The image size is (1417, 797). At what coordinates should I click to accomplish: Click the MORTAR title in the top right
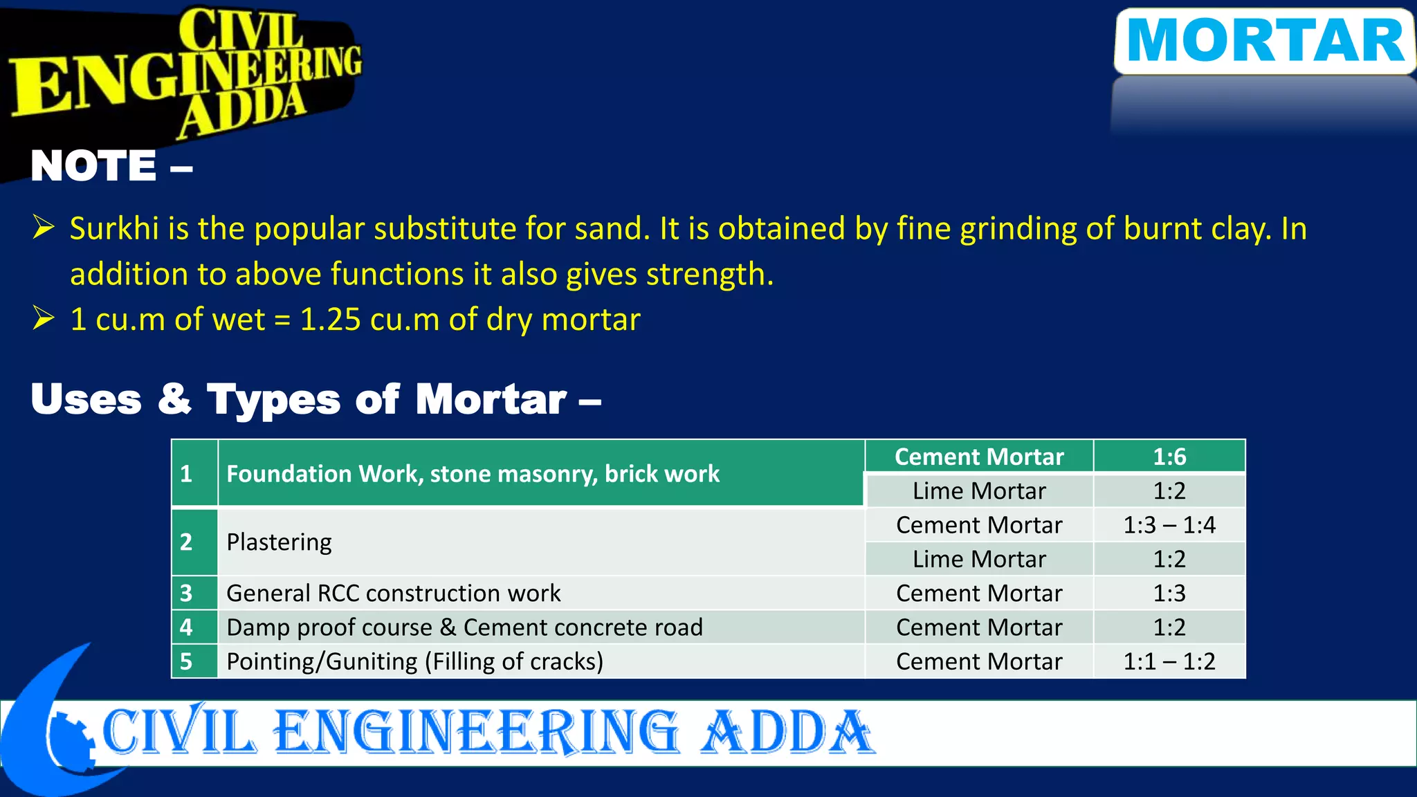[1265, 42]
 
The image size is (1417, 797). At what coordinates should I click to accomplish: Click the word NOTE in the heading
[94, 167]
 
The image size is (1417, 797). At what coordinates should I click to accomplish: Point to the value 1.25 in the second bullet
[330, 320]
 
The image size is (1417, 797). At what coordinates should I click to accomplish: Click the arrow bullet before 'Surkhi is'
[44, 227]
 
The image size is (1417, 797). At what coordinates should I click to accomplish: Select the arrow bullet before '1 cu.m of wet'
[44, 318]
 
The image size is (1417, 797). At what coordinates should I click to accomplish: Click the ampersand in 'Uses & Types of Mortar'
[174, 399]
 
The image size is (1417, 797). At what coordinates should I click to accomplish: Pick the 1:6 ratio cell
[1169, 457]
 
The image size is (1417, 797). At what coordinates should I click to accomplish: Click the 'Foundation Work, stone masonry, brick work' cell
[473, 474]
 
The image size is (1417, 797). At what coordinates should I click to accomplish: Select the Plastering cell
[279, 542]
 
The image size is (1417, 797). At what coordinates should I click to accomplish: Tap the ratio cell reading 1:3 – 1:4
[1169, 525]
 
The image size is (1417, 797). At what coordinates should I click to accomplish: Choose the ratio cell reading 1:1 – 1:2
[1169, 661]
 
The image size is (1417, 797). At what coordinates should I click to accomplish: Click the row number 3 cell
[186, 593]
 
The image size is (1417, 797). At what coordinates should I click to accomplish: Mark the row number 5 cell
[186, 661]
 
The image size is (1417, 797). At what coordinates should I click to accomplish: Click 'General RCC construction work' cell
[393, 593]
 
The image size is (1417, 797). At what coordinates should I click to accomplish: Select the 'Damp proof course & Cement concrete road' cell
[464, 627]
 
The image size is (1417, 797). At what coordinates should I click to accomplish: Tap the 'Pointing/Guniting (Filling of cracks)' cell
[414, 661]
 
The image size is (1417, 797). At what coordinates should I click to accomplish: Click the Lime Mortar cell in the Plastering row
[978, 559]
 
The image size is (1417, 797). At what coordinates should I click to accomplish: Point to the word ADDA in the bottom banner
[787, 733]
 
